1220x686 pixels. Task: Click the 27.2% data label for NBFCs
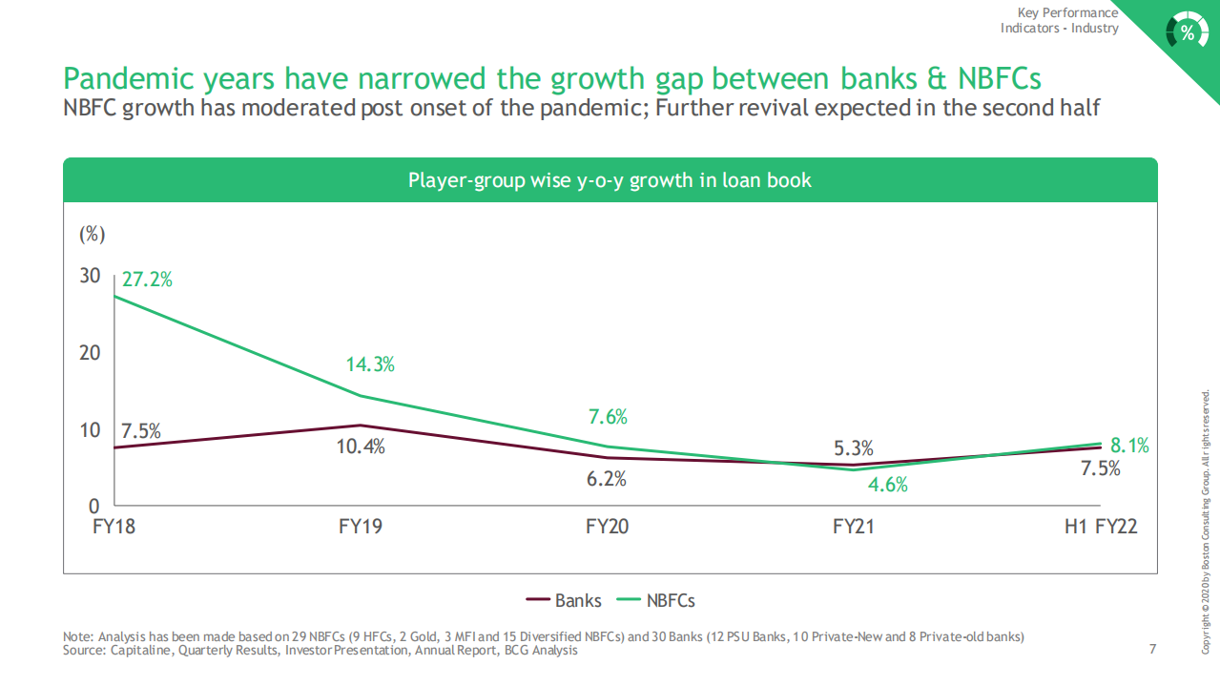[147, 280]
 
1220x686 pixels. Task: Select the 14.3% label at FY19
[369, 364]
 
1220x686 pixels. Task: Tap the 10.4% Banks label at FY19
[361, 446]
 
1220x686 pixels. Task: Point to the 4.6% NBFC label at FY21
[887, 485]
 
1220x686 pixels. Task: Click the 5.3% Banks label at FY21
[853, 448]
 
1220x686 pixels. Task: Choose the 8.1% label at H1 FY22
[1129, 446]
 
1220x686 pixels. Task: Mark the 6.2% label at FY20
[606, 479]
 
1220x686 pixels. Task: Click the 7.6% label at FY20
[608, 416]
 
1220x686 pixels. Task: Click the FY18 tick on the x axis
[114, 527]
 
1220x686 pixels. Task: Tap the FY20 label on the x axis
[608, 527]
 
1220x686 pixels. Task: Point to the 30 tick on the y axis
[90, 276]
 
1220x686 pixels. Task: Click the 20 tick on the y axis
[90, 353]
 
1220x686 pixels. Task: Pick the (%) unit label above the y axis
[91, 234]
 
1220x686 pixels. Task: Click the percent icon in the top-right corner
[1187, 32]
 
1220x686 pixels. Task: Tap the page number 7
[1152, 650]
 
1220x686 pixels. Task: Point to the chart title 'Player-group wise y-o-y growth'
[610, 180]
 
